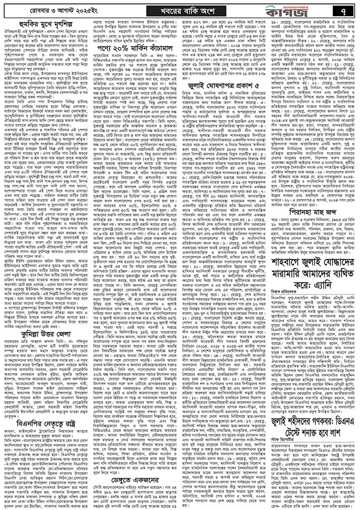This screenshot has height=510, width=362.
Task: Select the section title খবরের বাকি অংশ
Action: point(180,9)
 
